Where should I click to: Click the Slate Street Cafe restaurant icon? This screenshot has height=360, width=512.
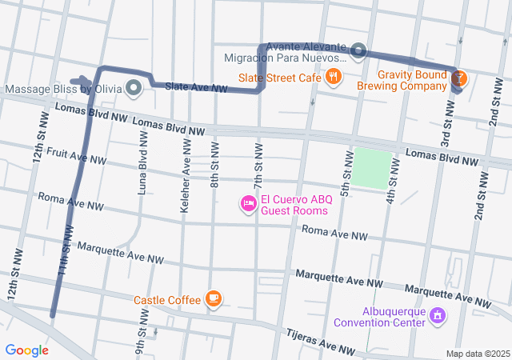click(334, 77)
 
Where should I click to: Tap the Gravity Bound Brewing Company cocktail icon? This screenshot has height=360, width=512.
click(459, 78)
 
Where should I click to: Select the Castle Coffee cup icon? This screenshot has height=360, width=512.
click(213, 299)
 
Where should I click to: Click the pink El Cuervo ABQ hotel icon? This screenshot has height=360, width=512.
click(249, 205)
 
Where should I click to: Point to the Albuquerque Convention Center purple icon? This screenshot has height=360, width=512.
click(437, 317)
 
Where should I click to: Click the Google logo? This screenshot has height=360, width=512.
click(26, 350)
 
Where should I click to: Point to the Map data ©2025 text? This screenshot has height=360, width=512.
click(477, 354)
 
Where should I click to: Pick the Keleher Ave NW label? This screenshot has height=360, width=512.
click(186, 166)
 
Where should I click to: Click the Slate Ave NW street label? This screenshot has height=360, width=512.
click(196, 86)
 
